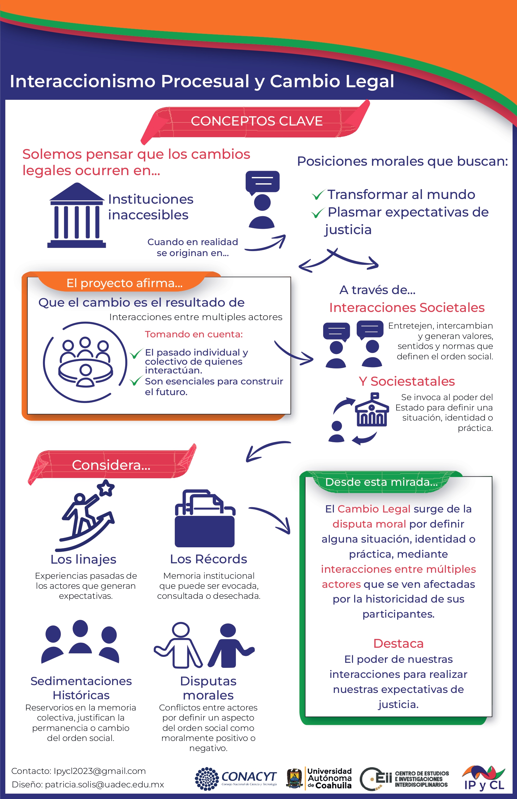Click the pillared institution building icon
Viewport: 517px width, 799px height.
coord(77,215)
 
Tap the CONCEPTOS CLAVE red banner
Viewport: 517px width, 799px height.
coord(255,121)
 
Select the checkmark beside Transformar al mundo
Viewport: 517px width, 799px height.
coord(318,194)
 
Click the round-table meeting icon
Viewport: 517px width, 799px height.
coord(85,362)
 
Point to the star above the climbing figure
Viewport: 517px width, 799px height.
coord(106,487)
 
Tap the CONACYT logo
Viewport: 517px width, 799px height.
coord(236,779)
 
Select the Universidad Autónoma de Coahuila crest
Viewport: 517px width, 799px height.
coord(294,779)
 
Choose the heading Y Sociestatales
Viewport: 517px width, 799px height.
coord(407,381)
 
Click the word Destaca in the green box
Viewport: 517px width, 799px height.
coord(398,644)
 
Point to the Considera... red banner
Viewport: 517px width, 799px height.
coord(112,465)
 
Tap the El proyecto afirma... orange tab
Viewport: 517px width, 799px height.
coord(124,283)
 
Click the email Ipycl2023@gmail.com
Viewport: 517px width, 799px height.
coord(100,771)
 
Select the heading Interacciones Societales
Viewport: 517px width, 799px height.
coord(407,308)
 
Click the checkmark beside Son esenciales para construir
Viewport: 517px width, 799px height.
coord(136,381)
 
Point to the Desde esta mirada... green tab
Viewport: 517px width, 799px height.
coord(381,482)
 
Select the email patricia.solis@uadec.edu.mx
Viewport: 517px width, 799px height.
coord(104,785)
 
